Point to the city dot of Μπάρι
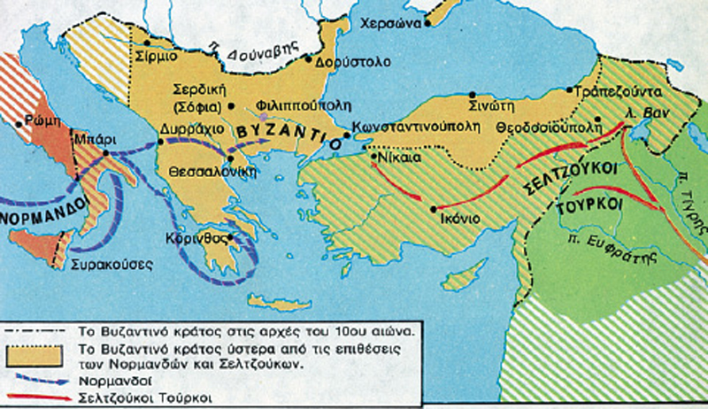pyautogui.click(x=106, y=152)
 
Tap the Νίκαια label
pyautogui.click(x=396, y=159)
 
